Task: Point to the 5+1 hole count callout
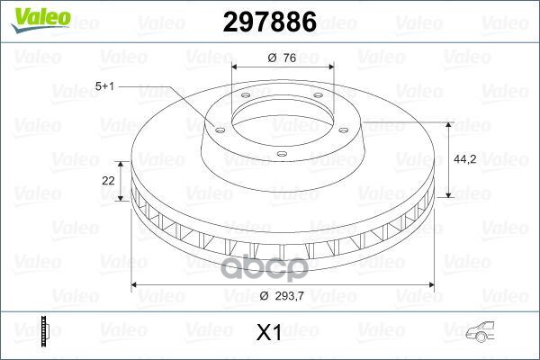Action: pyautogui.click(x=103, y=87)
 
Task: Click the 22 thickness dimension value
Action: pyautogui.click(x=109, y=180)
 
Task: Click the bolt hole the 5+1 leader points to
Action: pyautogui.click(x=218, y=125)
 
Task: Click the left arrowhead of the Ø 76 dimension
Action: pyautogui.click(x=235, y=67)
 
